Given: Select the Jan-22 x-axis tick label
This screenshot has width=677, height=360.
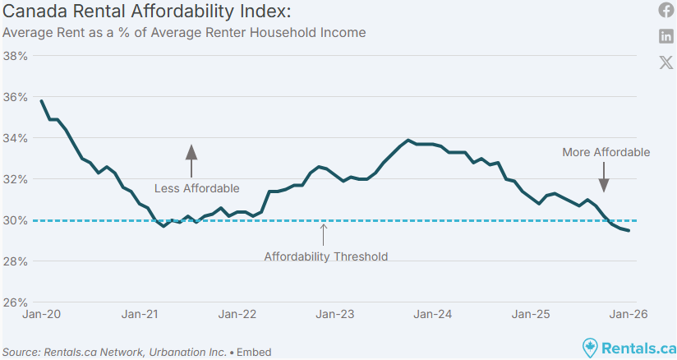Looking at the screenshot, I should [237, 314].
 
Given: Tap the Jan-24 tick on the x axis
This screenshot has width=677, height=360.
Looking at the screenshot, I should [433, 314].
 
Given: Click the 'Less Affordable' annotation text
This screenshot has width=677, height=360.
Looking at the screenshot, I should [197, 188].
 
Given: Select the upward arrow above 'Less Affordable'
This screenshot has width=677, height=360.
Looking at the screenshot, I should [191, 160].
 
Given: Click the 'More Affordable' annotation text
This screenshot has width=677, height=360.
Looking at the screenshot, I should [606, 152].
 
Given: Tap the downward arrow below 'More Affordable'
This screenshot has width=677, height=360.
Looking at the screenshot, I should [604, 177].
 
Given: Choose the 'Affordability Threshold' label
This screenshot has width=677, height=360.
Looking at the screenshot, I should [325, 256].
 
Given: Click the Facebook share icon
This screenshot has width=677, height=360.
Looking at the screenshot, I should [666, 10].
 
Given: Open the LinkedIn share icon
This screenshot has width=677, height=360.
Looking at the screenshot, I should [666, 36].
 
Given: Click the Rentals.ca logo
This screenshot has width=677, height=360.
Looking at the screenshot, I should [629, 348].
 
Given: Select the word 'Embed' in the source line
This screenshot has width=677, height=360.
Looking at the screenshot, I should [254, 352].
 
